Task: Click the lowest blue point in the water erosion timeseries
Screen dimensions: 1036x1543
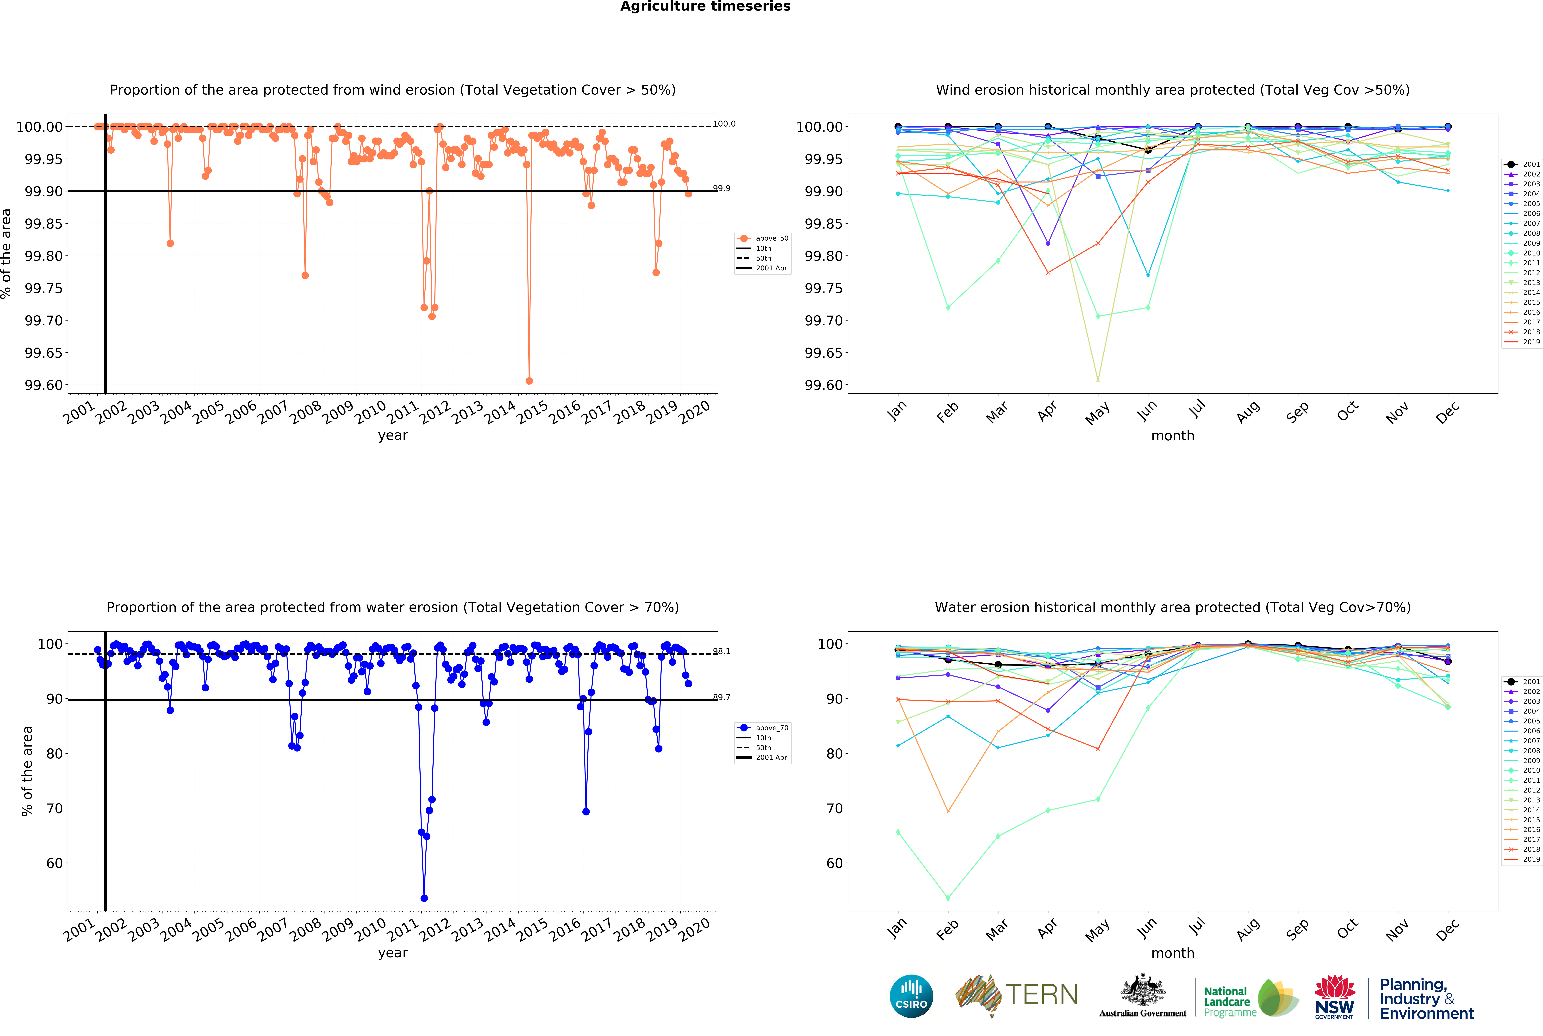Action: (x=424, y=898)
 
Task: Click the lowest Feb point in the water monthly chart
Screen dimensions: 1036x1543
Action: (x=948, y=898)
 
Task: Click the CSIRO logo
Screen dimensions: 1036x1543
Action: (x=912, y=996)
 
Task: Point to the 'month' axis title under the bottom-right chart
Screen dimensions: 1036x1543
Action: (x=1173, y=953)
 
